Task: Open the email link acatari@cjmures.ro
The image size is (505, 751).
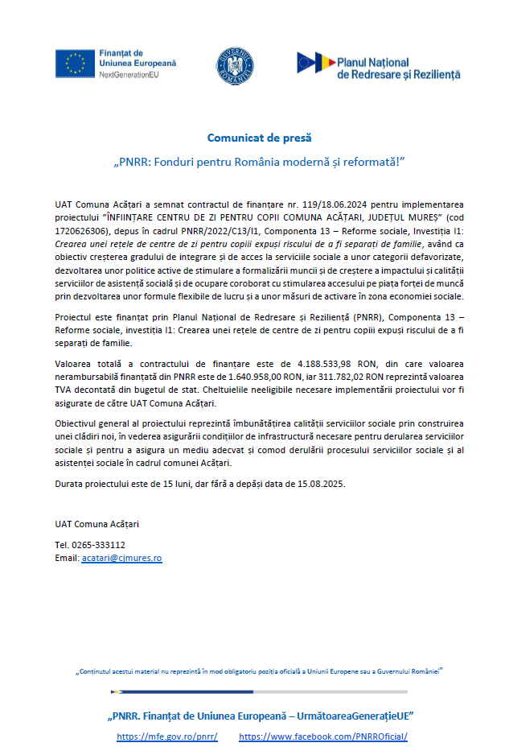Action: tap(121, 557)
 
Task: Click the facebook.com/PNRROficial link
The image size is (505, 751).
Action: tap(323, 737)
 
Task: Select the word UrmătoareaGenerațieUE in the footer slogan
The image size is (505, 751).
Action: tap(353, 716)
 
